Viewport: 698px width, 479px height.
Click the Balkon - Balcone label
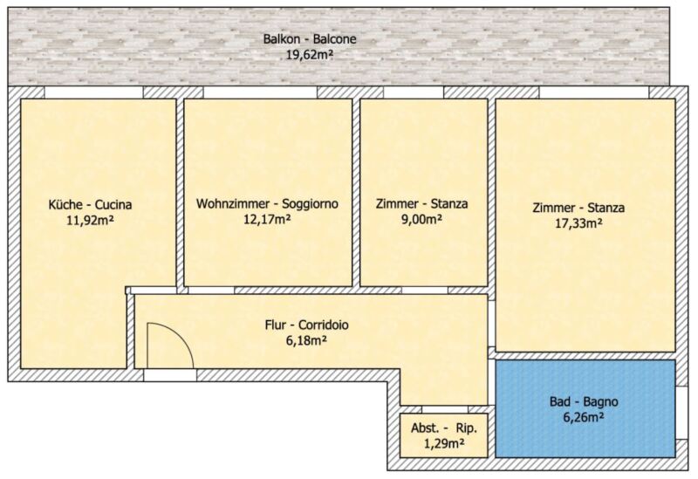(310, 39)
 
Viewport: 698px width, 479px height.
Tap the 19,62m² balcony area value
(310, 55)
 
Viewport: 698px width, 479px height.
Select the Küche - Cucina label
(90, 205)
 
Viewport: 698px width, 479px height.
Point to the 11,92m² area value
(91, 221)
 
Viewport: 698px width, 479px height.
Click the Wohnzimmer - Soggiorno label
(267, 204)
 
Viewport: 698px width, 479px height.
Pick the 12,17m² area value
(267, 220)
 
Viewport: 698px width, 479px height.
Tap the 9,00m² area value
(421, 220)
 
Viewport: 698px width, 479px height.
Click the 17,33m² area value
(578, 223)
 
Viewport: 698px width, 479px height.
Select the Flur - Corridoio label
(307, 325)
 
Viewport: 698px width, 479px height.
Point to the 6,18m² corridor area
(307, 341)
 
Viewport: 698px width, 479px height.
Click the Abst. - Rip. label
(444, 428)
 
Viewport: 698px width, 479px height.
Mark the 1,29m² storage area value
(444, 443)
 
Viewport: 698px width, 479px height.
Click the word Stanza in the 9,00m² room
(449, 204)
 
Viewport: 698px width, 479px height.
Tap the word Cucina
(113, 205)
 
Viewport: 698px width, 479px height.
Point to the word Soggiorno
(311, 204)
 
